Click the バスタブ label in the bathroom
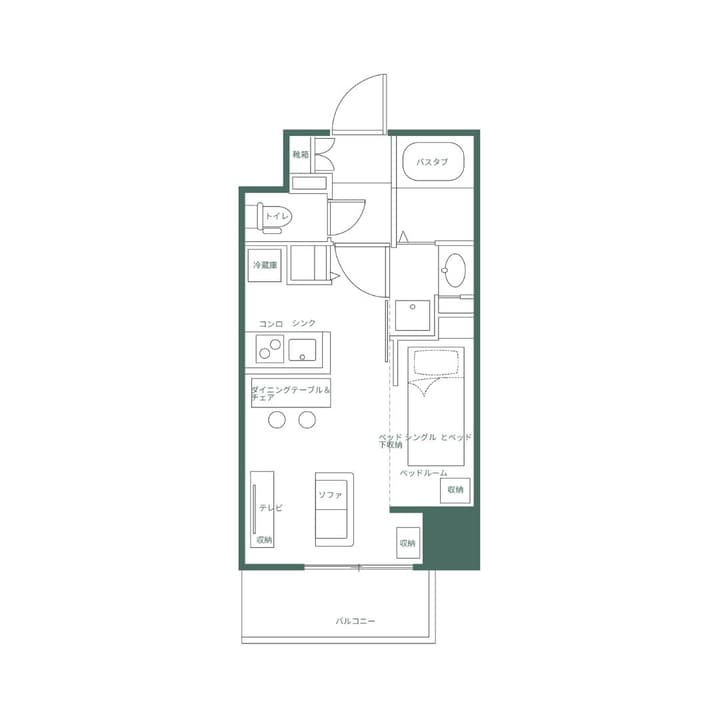(432, 162)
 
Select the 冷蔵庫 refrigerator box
(265, 266)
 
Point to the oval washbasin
(454, 270)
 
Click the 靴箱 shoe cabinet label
(301, 155)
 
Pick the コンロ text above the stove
(271, 324)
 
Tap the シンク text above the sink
(304, 324)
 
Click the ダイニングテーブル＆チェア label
(290, 392)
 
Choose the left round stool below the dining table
(277, 420)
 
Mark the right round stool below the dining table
(307, 420)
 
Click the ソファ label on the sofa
(330, 496)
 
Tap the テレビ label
(271, 508)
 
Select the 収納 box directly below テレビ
(264, 540)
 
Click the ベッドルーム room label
(423, 472)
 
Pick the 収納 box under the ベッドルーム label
(455, 490)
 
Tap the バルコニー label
(355, 621)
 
